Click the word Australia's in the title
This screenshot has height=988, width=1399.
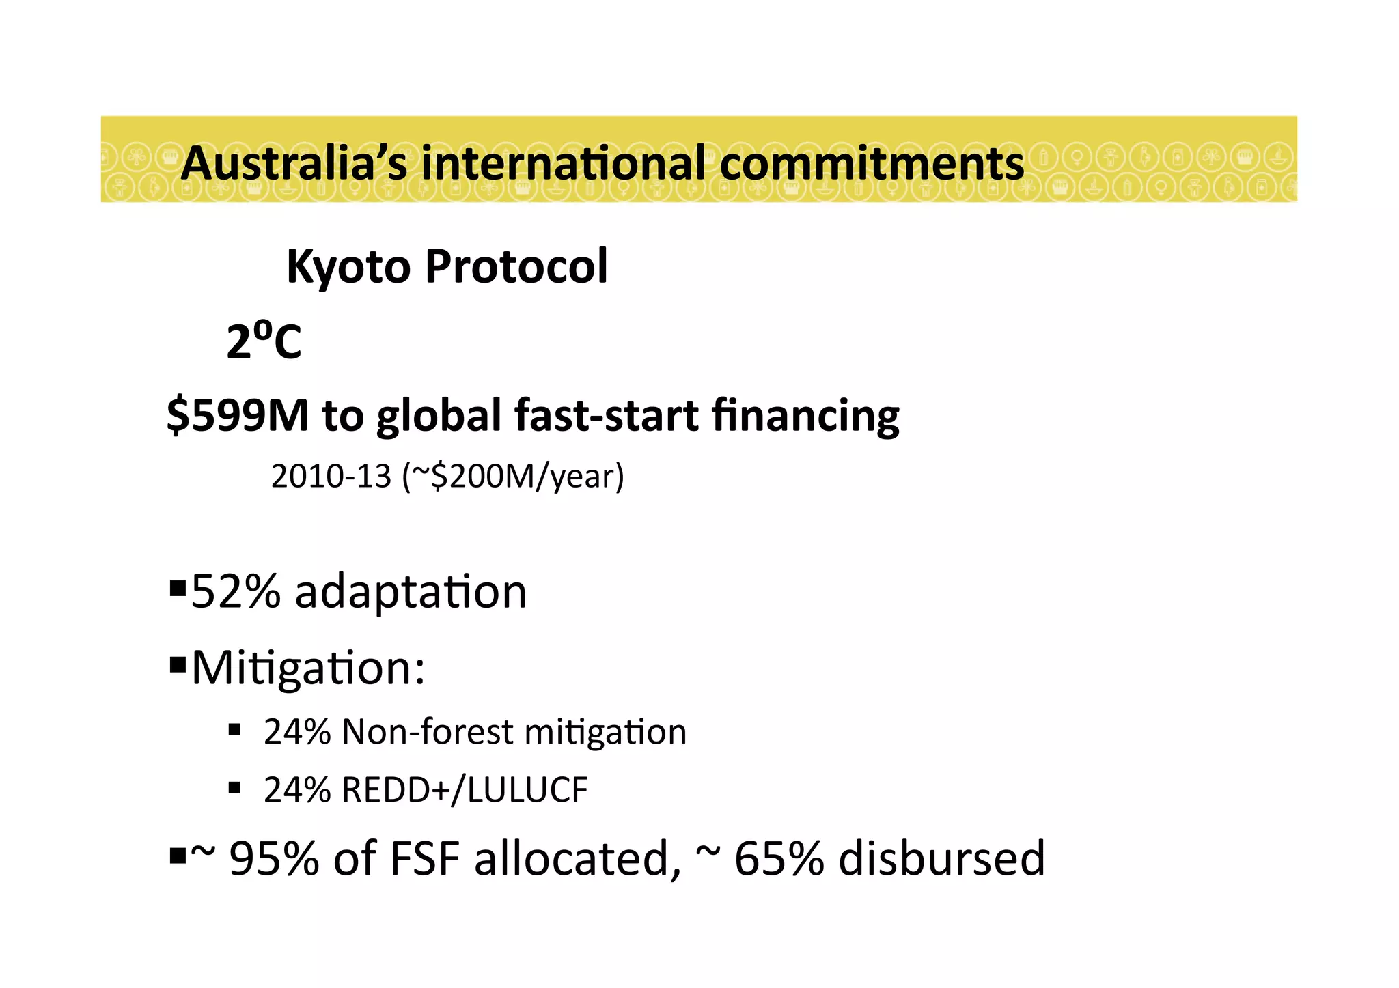(294, 164)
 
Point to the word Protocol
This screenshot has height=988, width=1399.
(516, 266)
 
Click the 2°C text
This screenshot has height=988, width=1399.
(264, 341)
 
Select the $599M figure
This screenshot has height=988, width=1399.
(238, 415)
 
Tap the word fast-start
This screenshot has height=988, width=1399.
(607, 415)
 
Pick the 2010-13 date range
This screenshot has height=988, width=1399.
(331, 476)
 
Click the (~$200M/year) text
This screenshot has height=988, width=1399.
(513, 476)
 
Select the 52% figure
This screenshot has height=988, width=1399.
(236, 591)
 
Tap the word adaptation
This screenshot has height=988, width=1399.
(411, 591)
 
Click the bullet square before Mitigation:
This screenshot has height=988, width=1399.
(178, 664)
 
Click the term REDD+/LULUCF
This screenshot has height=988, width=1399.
(465, 790)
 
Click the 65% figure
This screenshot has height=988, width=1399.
(779, 858)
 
